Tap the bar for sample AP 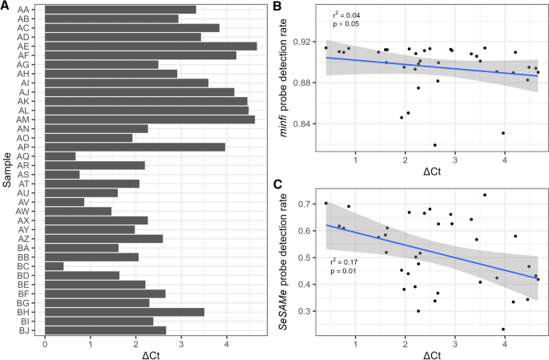pos(135,147)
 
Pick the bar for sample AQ pos(60,156)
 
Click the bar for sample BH pos(125,311)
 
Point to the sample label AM pos(24,119)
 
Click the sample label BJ pos(24,330)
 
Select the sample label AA pos(24,10)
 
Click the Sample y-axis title pos(6,169)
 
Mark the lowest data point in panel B pos(435,145)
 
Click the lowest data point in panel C pos(503,329)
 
